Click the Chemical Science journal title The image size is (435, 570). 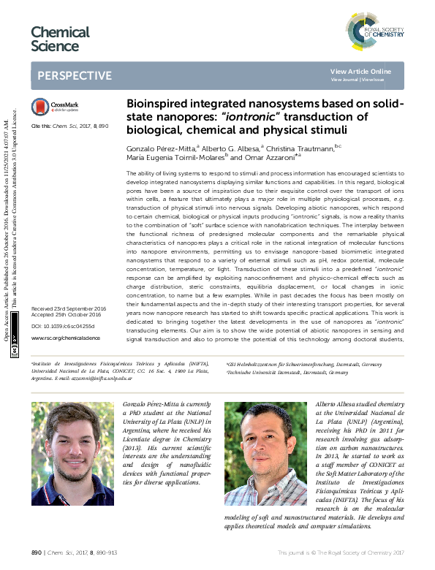60,39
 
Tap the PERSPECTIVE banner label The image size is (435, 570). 75,76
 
